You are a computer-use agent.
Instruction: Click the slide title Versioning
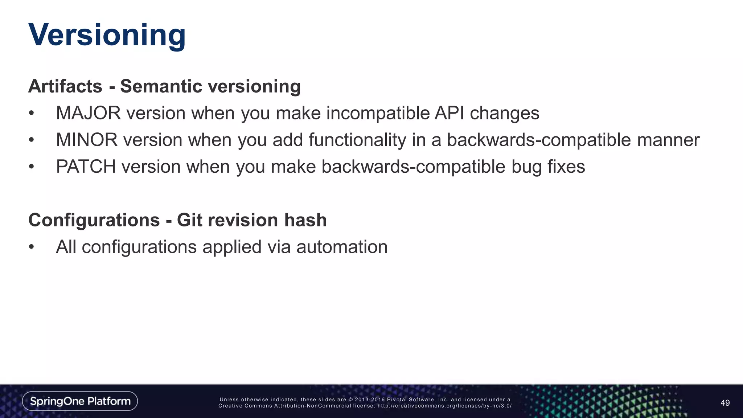[x=107, y=35]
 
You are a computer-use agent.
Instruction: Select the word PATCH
[x=86, y=167]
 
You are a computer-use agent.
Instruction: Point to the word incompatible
[x=378, y=113]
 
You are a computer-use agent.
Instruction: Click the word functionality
[x=357, y=140]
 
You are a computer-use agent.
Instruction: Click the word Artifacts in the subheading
[x=65, y=86]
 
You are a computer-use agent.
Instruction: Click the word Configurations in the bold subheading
[x=94, y=220]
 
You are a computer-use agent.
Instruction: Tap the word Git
[x=189, y=220]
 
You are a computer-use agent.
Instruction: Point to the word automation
[x=342, y=247]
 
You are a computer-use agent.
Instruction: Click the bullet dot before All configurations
[x=32, y=247]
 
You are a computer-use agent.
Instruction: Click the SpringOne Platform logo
[x=80, y=401]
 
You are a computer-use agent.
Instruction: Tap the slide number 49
[x=725, y=403]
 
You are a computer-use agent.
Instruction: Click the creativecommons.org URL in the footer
[x=444, y=406]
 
